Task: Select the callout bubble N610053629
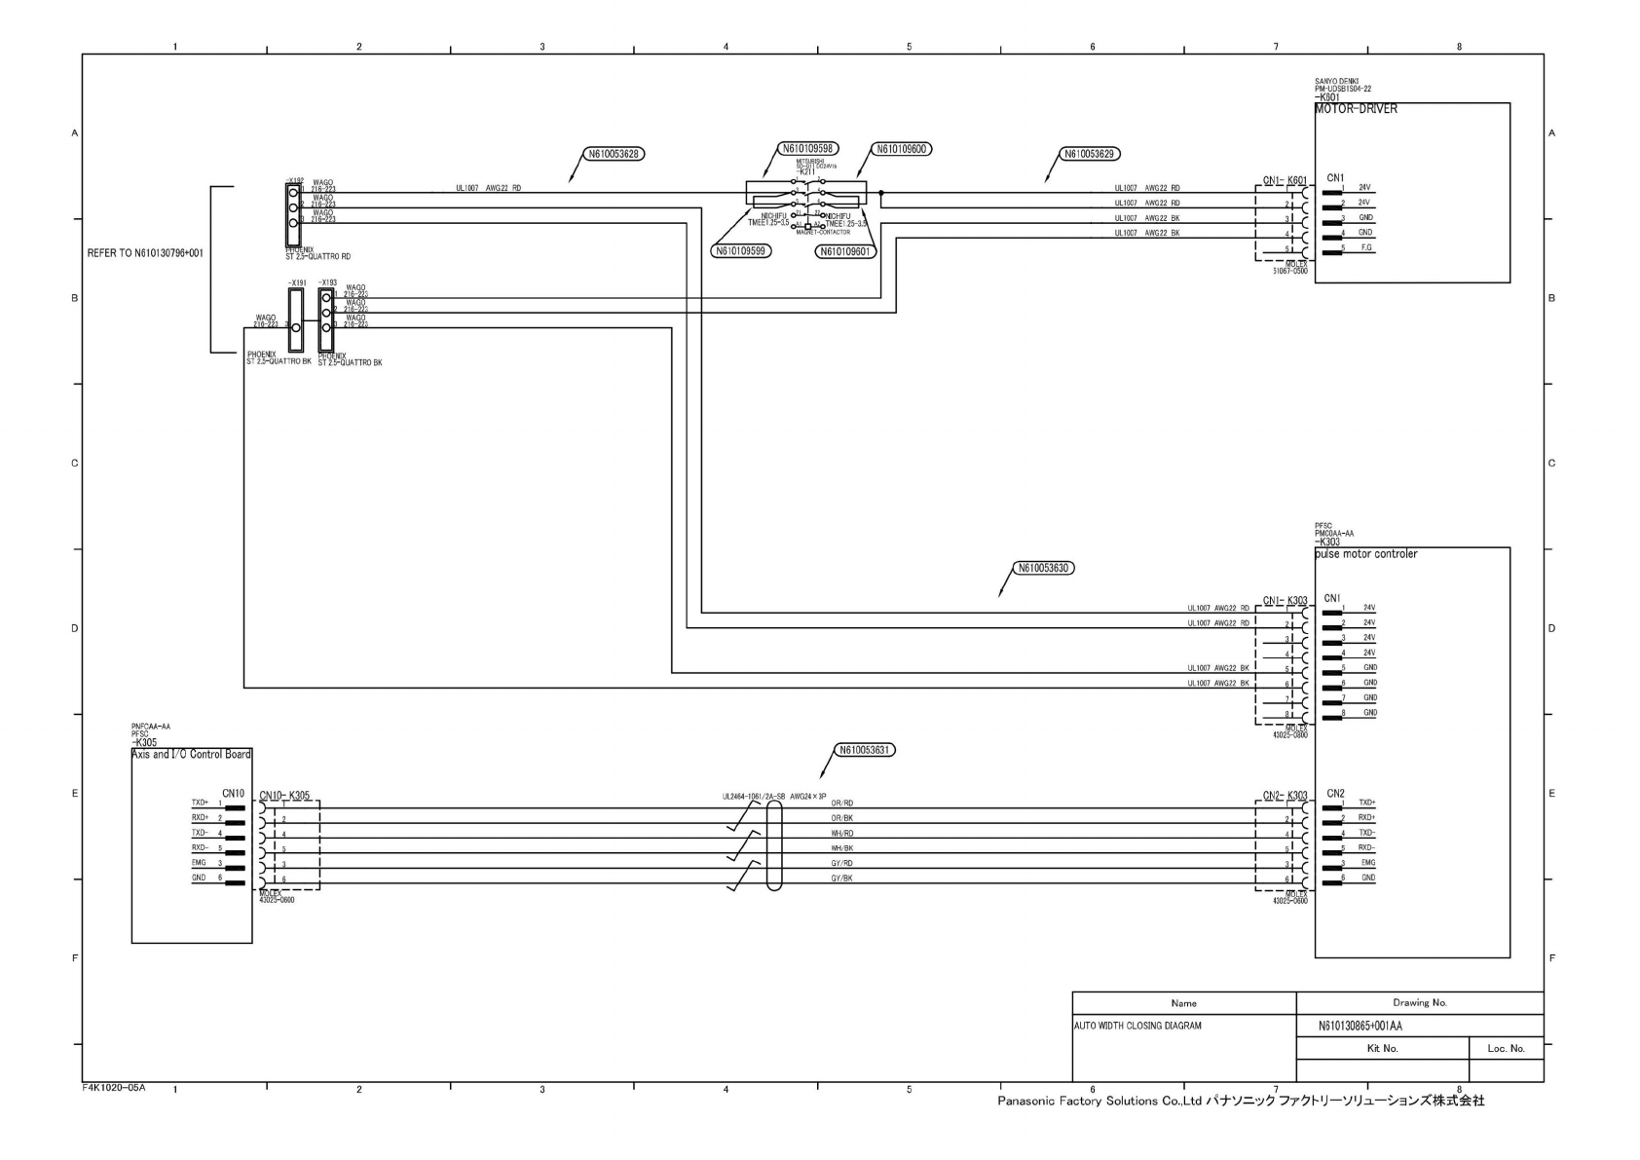[1091, 154]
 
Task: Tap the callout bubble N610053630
[1044, 568]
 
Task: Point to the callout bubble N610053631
[866, 750]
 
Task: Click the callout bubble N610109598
[808, 149]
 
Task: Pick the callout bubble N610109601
[846, 251]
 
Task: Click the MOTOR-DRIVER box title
[1356, 109]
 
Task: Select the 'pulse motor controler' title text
[1365, 554]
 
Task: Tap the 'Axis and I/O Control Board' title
[191, 755]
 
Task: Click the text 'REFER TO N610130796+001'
[145, 253]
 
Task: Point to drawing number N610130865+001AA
[1360, 1026]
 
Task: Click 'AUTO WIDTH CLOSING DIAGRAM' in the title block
[1137, 1026]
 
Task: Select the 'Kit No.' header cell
[1382, 1049]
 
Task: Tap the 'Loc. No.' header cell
[1506, 1049]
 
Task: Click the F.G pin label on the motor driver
[1367, 248]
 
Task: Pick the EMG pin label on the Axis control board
[199, 863]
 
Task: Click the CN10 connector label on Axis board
[233, 794]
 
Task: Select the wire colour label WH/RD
[841, 834]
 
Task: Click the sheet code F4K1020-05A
[113, 1087]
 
